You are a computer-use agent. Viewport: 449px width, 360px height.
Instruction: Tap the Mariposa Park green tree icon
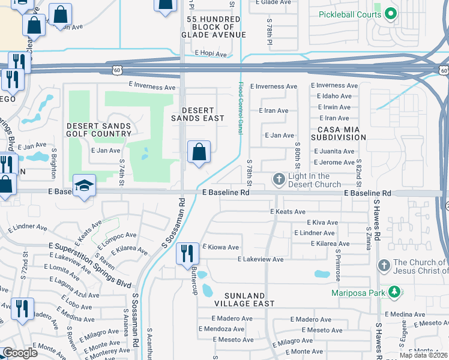[394, 292]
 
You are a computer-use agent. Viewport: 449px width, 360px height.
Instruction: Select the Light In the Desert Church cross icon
[279, 179]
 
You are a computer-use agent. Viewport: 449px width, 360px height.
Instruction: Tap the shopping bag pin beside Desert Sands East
[199, 152]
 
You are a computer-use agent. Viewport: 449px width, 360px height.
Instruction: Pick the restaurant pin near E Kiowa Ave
[187, 254]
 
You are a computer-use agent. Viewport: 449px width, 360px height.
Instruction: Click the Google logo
[19, 353]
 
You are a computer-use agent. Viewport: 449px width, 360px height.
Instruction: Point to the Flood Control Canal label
[241, 109]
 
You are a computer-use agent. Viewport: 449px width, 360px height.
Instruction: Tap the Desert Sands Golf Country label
[98, 130]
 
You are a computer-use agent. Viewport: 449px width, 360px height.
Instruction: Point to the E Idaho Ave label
[333, 96]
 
